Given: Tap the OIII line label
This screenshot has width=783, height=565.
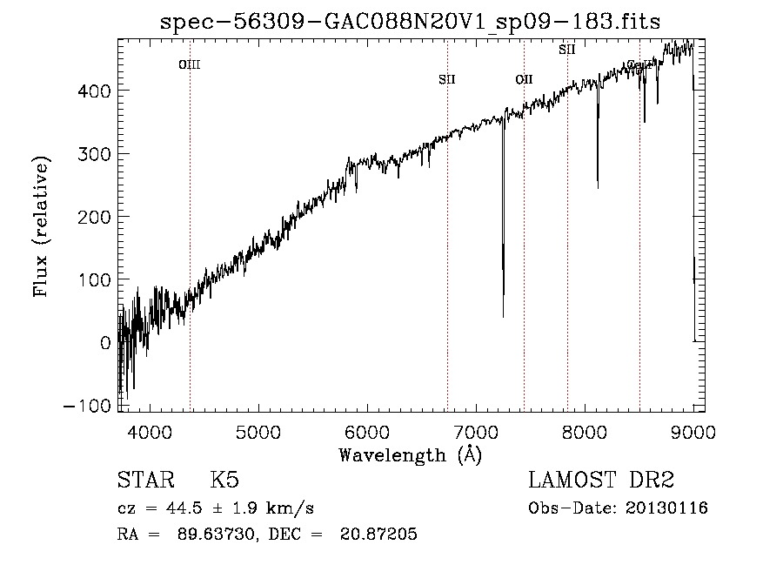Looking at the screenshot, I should click(190, 64).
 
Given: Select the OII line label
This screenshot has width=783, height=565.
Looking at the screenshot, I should click(524, 80).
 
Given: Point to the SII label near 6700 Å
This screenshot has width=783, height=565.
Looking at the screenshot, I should click(447, 80).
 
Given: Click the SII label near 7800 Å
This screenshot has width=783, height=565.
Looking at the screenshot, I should click(566, 50).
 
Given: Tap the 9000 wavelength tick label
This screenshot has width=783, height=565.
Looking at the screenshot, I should click(693, 432).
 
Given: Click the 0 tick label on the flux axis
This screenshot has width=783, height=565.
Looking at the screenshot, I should click(104, 342).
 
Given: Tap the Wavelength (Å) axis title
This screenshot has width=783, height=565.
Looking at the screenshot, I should click(410, 454).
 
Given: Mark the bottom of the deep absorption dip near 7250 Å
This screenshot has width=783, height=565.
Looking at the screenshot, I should click(503, 315).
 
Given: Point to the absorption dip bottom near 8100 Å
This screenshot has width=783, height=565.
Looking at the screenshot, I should click(598, 186).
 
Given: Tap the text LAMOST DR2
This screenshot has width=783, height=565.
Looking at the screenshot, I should click(601, 481).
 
